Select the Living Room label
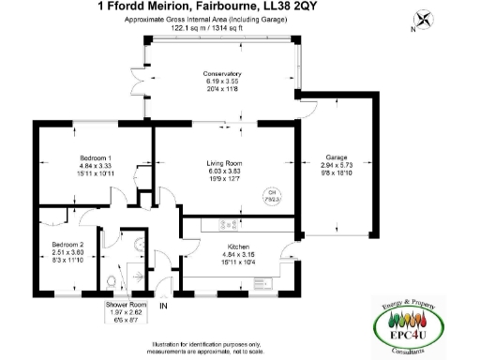[224, 164]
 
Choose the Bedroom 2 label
[67, 245]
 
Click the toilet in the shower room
[112, 280]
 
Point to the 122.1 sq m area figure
[187, 28]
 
